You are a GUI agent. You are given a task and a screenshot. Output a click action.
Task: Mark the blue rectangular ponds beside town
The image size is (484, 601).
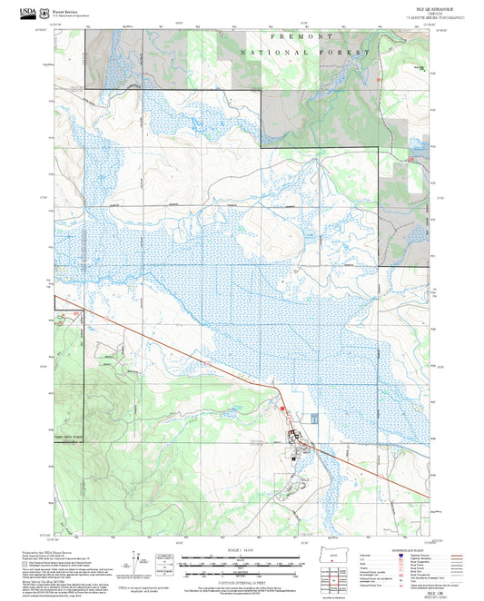click(314, 419)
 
